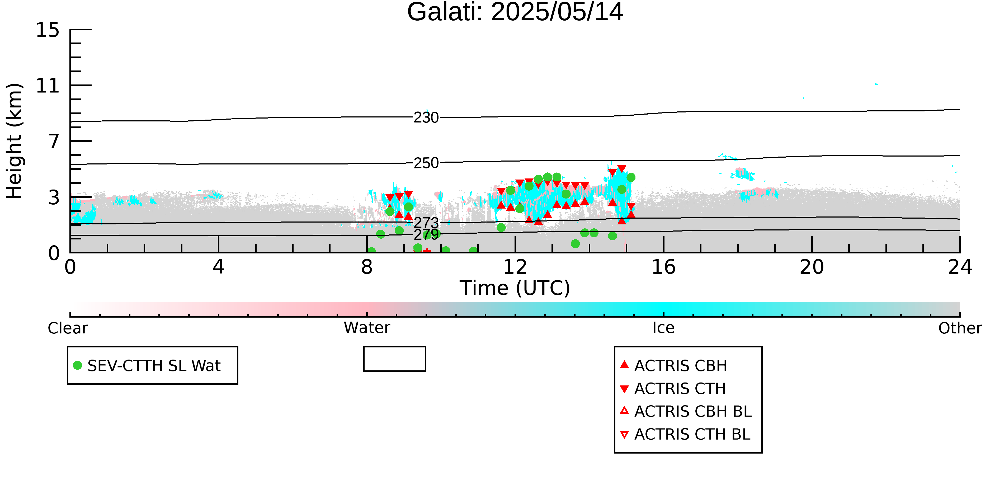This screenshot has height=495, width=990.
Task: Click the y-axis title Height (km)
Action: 14,141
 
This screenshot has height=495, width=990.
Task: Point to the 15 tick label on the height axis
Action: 48,30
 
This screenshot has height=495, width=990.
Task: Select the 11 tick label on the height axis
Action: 48,86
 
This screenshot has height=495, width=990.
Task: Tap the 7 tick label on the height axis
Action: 54,142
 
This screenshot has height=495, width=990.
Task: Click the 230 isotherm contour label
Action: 426,117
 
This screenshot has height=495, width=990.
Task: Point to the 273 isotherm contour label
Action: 426,223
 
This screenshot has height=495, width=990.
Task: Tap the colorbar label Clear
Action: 68,328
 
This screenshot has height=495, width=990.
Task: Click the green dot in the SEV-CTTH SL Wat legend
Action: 78,365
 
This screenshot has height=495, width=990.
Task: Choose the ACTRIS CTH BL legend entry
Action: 685,434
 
